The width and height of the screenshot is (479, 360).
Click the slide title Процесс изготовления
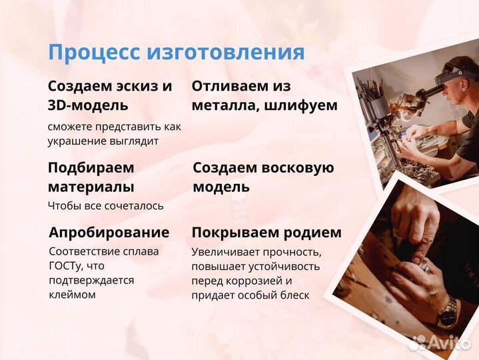[176, 52]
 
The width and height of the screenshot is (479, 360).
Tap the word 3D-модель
[88, 105]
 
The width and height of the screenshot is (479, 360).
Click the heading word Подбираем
[91, 168]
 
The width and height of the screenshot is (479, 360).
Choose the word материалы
[91, 187]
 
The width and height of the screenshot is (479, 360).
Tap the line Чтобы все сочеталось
[105, 206]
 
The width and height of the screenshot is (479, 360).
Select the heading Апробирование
[109, 233]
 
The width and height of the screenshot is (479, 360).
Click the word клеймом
[72, 294]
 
